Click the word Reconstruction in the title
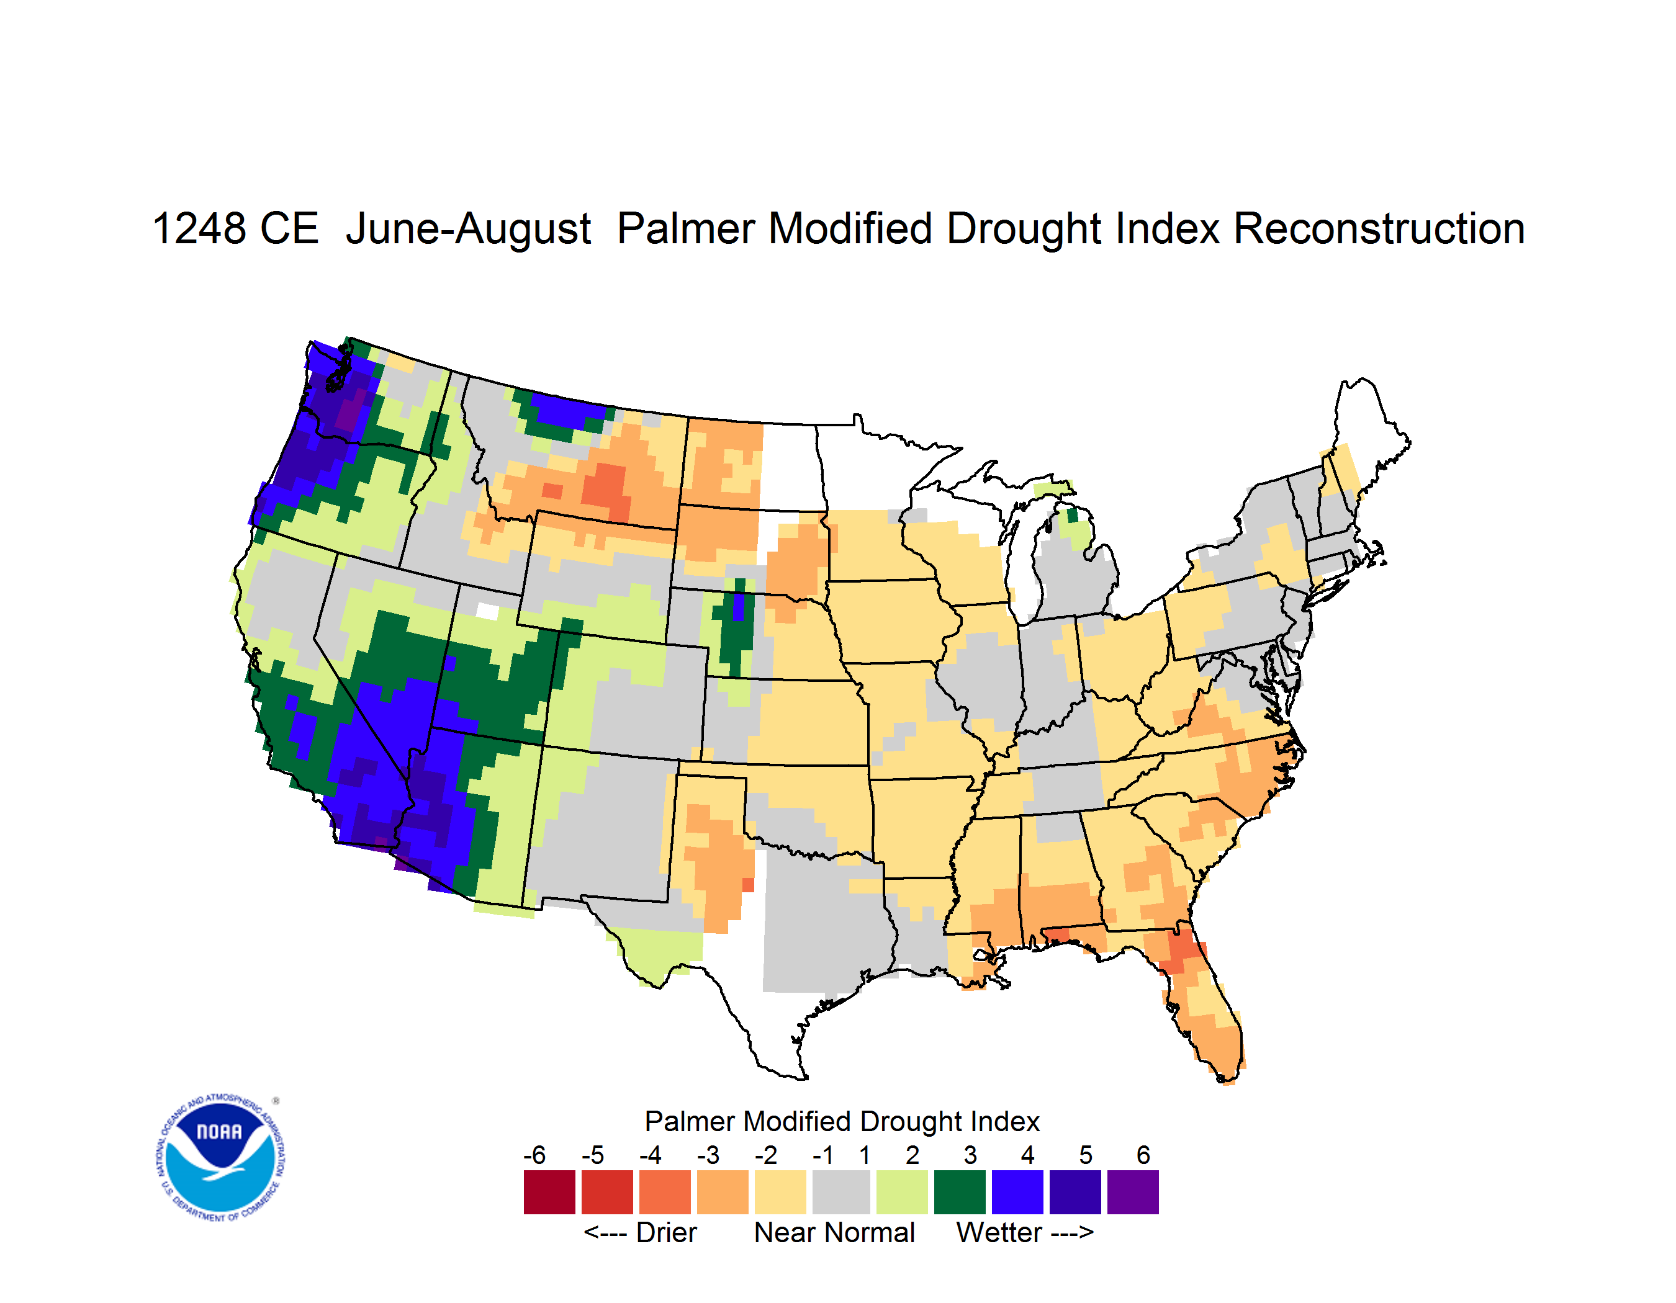pyautogui.click(x=1378, y=228)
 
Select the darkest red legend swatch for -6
pyautogui.click(x=549, y=1192)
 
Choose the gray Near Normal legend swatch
pyautogui.click(x=841, y=1192)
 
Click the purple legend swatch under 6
pyautogui.click(x=1133, y=1192)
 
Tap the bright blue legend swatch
pyautogui.click(x=1017, y=1192)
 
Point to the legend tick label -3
pyautogui.click(x=708, y=1155)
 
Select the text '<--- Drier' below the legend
pyautogui.click(x=640, y=1232)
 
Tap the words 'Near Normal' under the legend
pyautogui.click(x=834, y=1232)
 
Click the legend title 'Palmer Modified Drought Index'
pyautogui.click(x=842, y=1121)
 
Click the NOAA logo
pyautogui.click(x=220, y=1157)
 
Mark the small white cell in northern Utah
pyautogui.click(x=488, y=611)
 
